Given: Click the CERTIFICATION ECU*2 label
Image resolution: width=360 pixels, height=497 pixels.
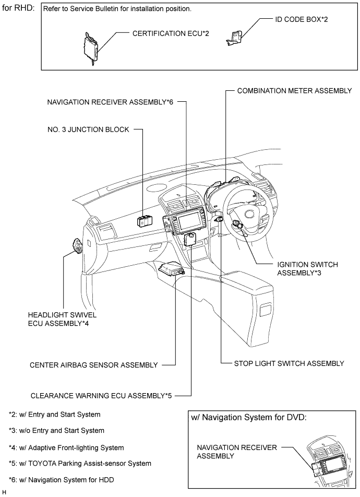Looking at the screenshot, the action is (x=171, y=33).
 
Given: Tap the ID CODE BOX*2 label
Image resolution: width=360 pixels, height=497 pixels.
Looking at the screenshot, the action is (x=302, y=19).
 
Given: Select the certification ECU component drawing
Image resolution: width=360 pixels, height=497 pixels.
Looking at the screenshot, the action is (x=91, y=49).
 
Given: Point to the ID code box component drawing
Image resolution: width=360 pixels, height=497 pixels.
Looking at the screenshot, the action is (x=234, y=38).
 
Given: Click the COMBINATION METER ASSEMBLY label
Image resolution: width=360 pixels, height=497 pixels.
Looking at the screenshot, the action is (x=294, y=91).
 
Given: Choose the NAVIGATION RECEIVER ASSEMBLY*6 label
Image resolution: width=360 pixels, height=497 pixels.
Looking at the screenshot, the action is (x=110, y=102).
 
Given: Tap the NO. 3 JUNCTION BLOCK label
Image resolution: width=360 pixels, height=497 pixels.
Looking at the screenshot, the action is (x=88, y=129).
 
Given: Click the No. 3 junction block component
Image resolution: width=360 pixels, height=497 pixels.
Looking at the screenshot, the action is (x=145, y=221).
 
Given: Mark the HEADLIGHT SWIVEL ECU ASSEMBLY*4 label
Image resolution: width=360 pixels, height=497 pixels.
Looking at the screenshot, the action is (x=62, y=319).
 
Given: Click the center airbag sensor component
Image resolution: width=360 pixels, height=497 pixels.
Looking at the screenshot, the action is (x=172, y=268).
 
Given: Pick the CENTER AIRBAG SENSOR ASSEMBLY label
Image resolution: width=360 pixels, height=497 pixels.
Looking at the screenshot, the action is (x=93, y=365).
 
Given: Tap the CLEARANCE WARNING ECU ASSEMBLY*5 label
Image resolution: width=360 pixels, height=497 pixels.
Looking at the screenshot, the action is (x=101, y=396).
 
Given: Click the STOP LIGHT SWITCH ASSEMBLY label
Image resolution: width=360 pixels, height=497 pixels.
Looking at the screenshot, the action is (x=289, y=363).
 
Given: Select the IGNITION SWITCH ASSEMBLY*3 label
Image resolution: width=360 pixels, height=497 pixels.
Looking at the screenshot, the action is (x=307, y=268).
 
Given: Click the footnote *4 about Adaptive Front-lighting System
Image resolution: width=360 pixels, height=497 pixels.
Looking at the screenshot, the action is (x=66, y=447).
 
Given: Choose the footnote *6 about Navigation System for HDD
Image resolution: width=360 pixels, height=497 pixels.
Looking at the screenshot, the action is (x=61, y=480).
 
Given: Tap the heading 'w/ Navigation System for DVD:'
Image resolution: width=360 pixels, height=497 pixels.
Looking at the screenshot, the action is (x=249, y=418).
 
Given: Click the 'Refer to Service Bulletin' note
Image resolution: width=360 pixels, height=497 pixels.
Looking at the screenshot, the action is (x=117, y=9).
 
